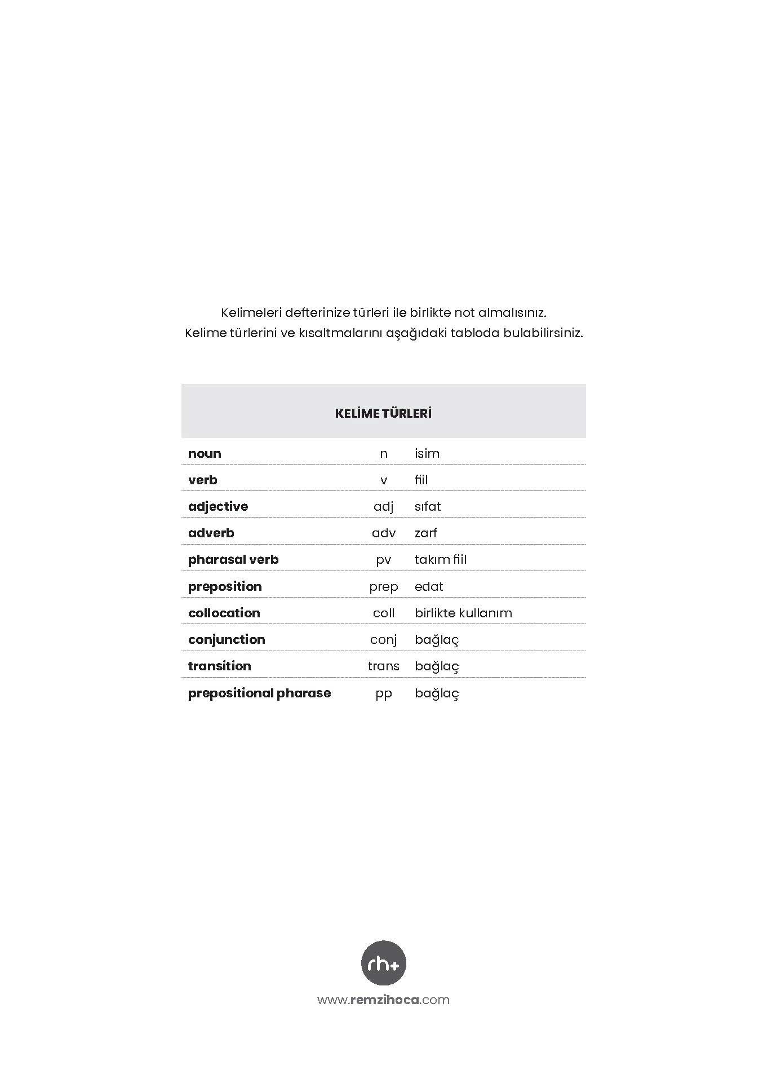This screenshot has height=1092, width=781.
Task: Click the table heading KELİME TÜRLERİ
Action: pos(383,413)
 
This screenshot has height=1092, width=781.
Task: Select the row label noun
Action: pos(205,453)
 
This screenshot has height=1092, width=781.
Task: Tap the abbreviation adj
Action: pos(383,507)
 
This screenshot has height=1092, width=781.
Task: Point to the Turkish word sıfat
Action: pos(428,506)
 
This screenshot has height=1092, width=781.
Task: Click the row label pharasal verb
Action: pos(233,560)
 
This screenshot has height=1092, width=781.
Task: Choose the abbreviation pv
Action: pos(383,560)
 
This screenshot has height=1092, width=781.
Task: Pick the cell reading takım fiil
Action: pos(441,560)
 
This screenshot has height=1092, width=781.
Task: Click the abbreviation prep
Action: pos(383,587)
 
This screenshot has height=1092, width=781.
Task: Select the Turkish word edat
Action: pos(429,586)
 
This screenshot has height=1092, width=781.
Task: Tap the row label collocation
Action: pos(224,613)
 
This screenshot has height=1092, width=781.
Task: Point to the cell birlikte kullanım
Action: pos(463,613)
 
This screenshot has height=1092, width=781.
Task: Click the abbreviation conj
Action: pos(383,640)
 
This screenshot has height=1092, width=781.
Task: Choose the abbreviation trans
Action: pos(383,666)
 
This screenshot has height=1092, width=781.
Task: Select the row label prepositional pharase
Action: pos(259,693)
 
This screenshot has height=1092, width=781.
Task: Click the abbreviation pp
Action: pos(383,693)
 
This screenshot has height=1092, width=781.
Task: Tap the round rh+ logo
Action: pos(383,963)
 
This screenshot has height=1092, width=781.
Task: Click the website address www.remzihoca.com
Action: pos(383,1000)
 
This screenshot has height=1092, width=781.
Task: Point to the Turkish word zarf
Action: pos(426,533)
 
